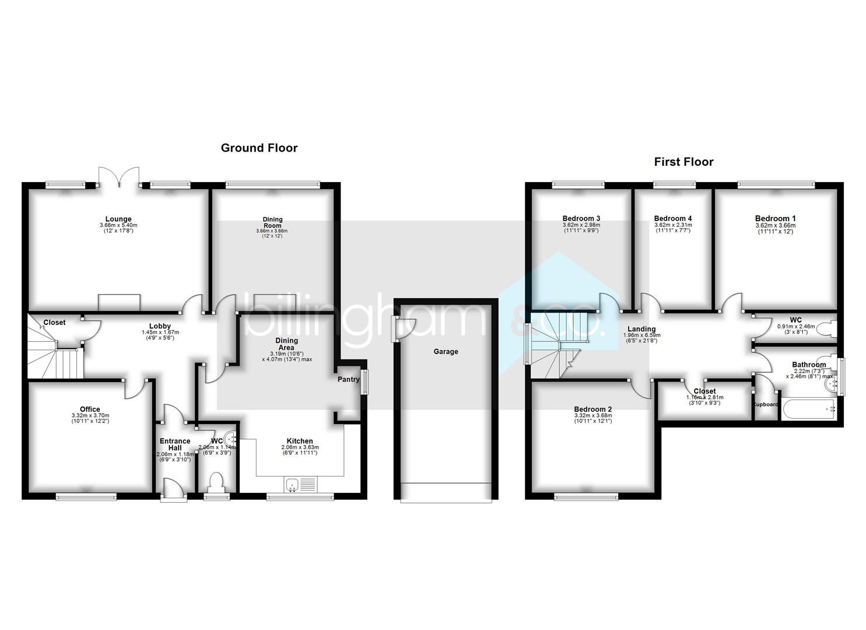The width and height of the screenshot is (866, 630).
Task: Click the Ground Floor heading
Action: coord(259,148)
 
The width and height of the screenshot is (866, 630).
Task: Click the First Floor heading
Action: coord(683,162)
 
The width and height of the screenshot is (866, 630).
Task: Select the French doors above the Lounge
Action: coord(119,177)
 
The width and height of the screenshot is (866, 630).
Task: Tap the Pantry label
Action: coord(349,380)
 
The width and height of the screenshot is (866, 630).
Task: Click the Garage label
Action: coord(446,352)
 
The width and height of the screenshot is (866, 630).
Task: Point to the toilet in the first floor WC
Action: coord(828,330)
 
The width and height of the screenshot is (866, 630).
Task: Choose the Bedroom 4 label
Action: coord(673,219)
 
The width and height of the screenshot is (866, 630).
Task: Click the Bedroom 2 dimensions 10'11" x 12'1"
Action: coord(592,421)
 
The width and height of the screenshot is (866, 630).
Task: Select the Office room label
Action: coord(90,409)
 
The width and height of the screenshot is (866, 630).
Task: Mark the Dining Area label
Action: coord(286,344)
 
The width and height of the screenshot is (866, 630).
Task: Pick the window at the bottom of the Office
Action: coord(86,496)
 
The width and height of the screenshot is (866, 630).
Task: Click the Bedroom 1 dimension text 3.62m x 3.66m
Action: coord(775,225)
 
